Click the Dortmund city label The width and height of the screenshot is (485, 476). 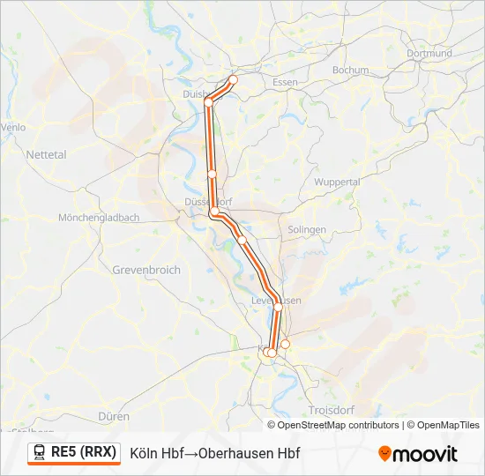point(429,53)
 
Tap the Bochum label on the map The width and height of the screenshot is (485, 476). point(350,70)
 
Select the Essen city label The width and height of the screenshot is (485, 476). point(286,82)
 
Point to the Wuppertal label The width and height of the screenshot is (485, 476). point(337,182)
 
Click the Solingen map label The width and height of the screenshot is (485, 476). point(306,229)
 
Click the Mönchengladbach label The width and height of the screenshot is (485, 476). point(98,217)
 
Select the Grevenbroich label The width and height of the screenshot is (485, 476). point(146,270)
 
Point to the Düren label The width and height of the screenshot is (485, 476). point(115,416)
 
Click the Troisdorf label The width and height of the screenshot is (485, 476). point(332,411)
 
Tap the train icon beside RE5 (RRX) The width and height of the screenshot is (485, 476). point(40,452)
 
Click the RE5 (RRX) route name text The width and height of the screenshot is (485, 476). point(84,452)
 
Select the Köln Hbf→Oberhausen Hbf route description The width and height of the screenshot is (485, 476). point(215,453)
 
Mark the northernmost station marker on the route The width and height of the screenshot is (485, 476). point(234,79)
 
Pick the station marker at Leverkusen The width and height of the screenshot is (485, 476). point(278,307)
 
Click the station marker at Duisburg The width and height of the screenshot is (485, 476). point(209,102)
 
